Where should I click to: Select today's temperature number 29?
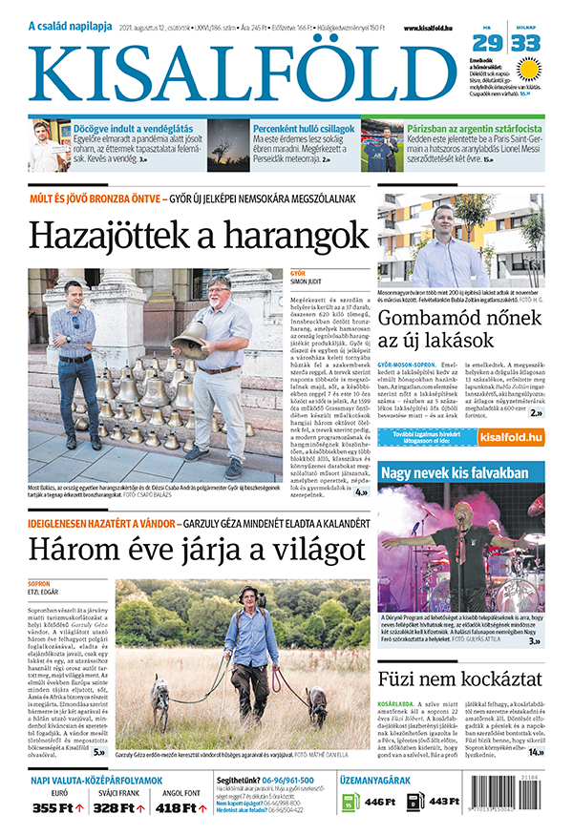pyautogui.click(x=487, y=43)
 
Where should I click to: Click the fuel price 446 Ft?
pyautogui.click(x=379, y=802)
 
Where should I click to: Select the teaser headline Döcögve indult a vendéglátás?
pyautogui.click(x=134, y=127)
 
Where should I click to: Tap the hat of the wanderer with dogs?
pyautogui.click(x=249, y=592)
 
